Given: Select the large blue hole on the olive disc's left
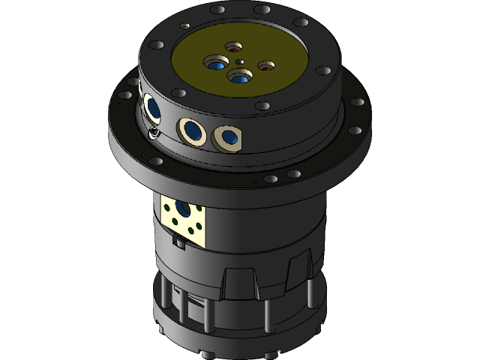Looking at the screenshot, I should point(217,64).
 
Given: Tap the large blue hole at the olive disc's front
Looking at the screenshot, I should point(239,76).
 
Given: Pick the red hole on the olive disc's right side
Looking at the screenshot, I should point(266,67).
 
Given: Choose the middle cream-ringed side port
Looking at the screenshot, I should point(193,131).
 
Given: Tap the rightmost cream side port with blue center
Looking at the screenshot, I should point(226,136).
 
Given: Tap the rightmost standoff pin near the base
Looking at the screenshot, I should point(308,297).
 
